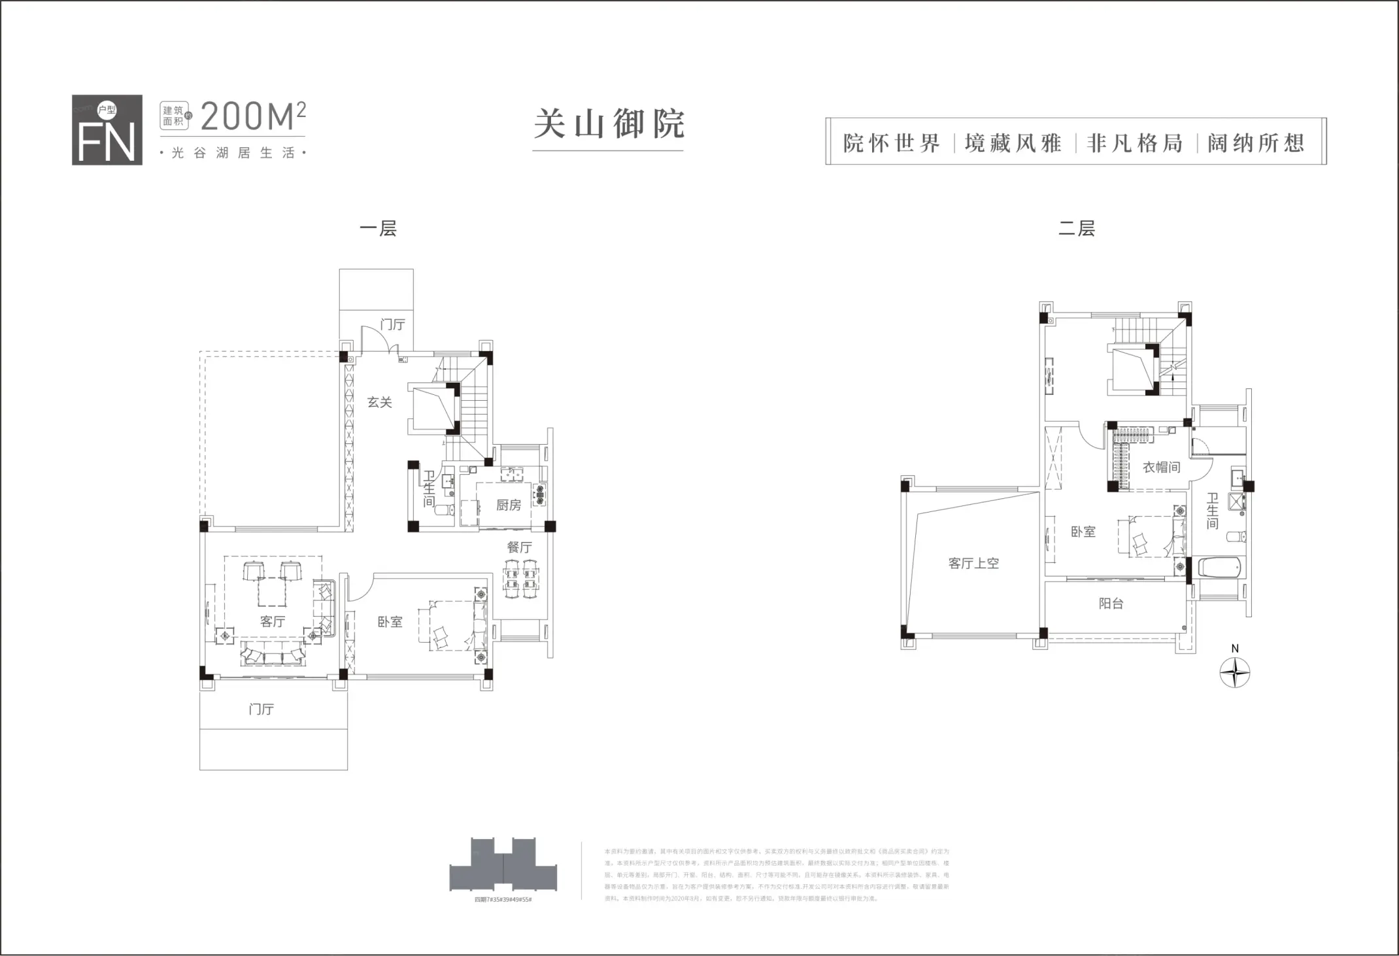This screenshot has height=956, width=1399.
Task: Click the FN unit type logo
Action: coord(107,130)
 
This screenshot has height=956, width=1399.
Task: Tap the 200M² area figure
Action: coord(252,116)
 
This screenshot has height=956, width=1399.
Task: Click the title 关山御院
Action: coord(608,124)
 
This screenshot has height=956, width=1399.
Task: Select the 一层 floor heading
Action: coord(378,229)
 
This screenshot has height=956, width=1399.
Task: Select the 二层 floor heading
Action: coord(1076,229)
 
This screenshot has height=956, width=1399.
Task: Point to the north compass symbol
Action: coord(1234,673)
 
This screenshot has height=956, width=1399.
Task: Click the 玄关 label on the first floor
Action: coord(379,402)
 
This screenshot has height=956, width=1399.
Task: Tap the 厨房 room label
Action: coord(509,505)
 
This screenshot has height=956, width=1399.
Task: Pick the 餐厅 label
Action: coord(519,547)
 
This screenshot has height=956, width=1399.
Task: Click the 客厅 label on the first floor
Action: coord(272,621)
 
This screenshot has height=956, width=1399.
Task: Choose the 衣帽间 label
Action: coord(1161,467)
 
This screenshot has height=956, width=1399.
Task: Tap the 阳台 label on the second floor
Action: coord(1111,604)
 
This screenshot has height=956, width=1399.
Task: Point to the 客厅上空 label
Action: coord(973,563)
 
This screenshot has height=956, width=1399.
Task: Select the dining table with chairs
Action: coord(520,579)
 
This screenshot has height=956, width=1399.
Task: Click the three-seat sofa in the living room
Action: coord(273,653)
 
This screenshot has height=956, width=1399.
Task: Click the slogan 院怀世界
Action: coord(891,143)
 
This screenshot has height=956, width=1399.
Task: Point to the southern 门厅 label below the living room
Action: coord(261,709)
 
